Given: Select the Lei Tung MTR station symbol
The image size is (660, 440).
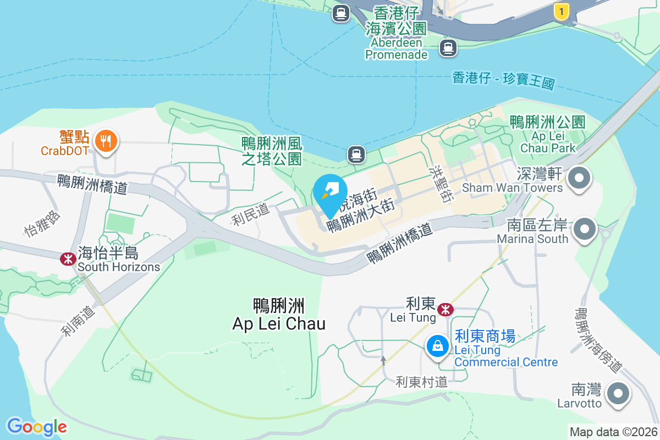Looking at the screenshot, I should point(446,310).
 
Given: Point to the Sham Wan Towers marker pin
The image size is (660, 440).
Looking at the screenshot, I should point(579,179).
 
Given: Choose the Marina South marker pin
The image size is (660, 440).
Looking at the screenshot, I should point(585,229).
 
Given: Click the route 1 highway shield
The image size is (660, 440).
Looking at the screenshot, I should point(561,11).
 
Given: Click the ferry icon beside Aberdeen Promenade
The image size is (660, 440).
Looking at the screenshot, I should point(448,48).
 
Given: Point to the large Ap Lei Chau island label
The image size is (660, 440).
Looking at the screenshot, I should point(279,315).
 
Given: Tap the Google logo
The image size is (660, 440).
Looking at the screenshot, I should point(37,427).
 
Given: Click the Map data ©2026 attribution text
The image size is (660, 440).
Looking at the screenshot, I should point(613,432).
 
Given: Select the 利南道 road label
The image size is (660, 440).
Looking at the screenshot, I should point(78,321).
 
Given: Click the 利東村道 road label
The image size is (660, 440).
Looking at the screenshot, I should point(422,382).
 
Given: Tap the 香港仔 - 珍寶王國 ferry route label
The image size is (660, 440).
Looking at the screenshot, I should point(503,80).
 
